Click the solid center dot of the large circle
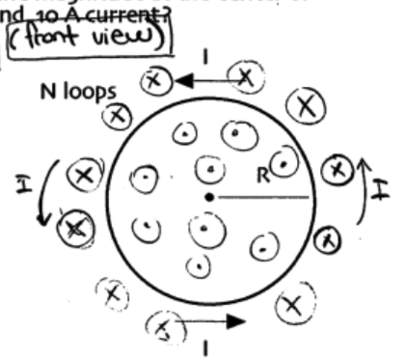208,198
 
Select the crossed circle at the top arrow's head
151,81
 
